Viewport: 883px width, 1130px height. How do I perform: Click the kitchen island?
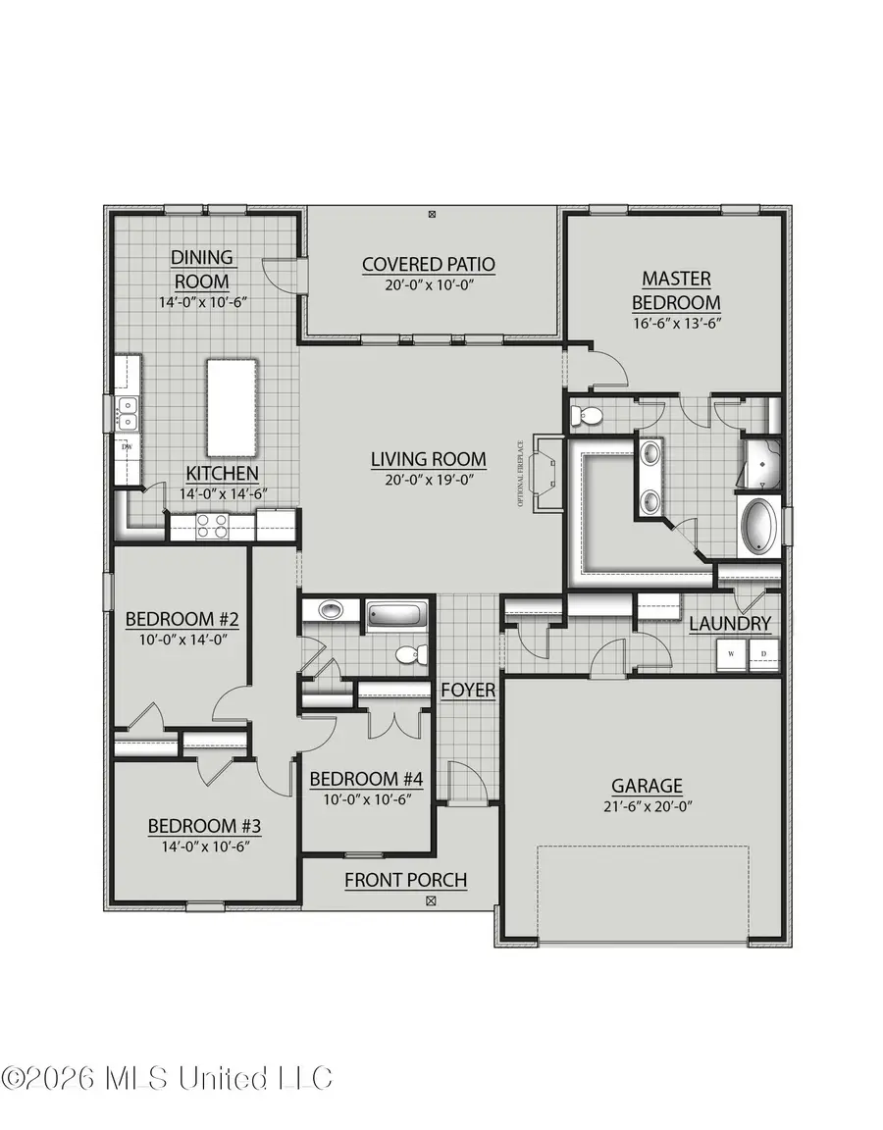(232, 407)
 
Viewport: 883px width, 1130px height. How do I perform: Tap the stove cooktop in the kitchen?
(213, 526)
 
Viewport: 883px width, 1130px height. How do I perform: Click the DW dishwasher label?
(127, 448)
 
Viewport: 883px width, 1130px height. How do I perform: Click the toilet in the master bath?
(589, 416)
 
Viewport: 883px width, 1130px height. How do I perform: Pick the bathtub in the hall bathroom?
(398, 617)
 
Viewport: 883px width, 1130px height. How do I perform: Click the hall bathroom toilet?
(409, 654)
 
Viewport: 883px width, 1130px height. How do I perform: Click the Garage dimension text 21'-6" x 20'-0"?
(647, 806)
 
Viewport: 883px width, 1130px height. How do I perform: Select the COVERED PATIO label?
(428, 264)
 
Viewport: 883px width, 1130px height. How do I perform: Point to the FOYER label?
(468, 691)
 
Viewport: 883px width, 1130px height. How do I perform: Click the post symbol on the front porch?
(431, 899)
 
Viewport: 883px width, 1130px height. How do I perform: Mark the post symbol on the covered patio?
(432, 213)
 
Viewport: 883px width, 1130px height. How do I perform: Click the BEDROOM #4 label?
(366, 779)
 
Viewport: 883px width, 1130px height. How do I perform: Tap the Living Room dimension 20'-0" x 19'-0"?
(428, 479)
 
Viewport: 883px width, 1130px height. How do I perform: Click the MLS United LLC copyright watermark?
(167, 1078)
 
